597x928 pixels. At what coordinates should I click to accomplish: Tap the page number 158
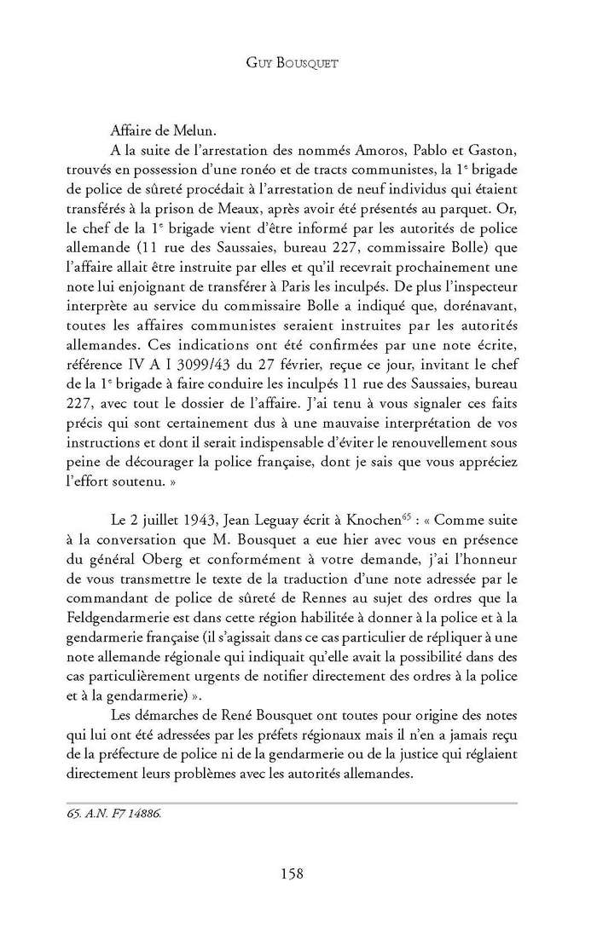click(298, 873)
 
